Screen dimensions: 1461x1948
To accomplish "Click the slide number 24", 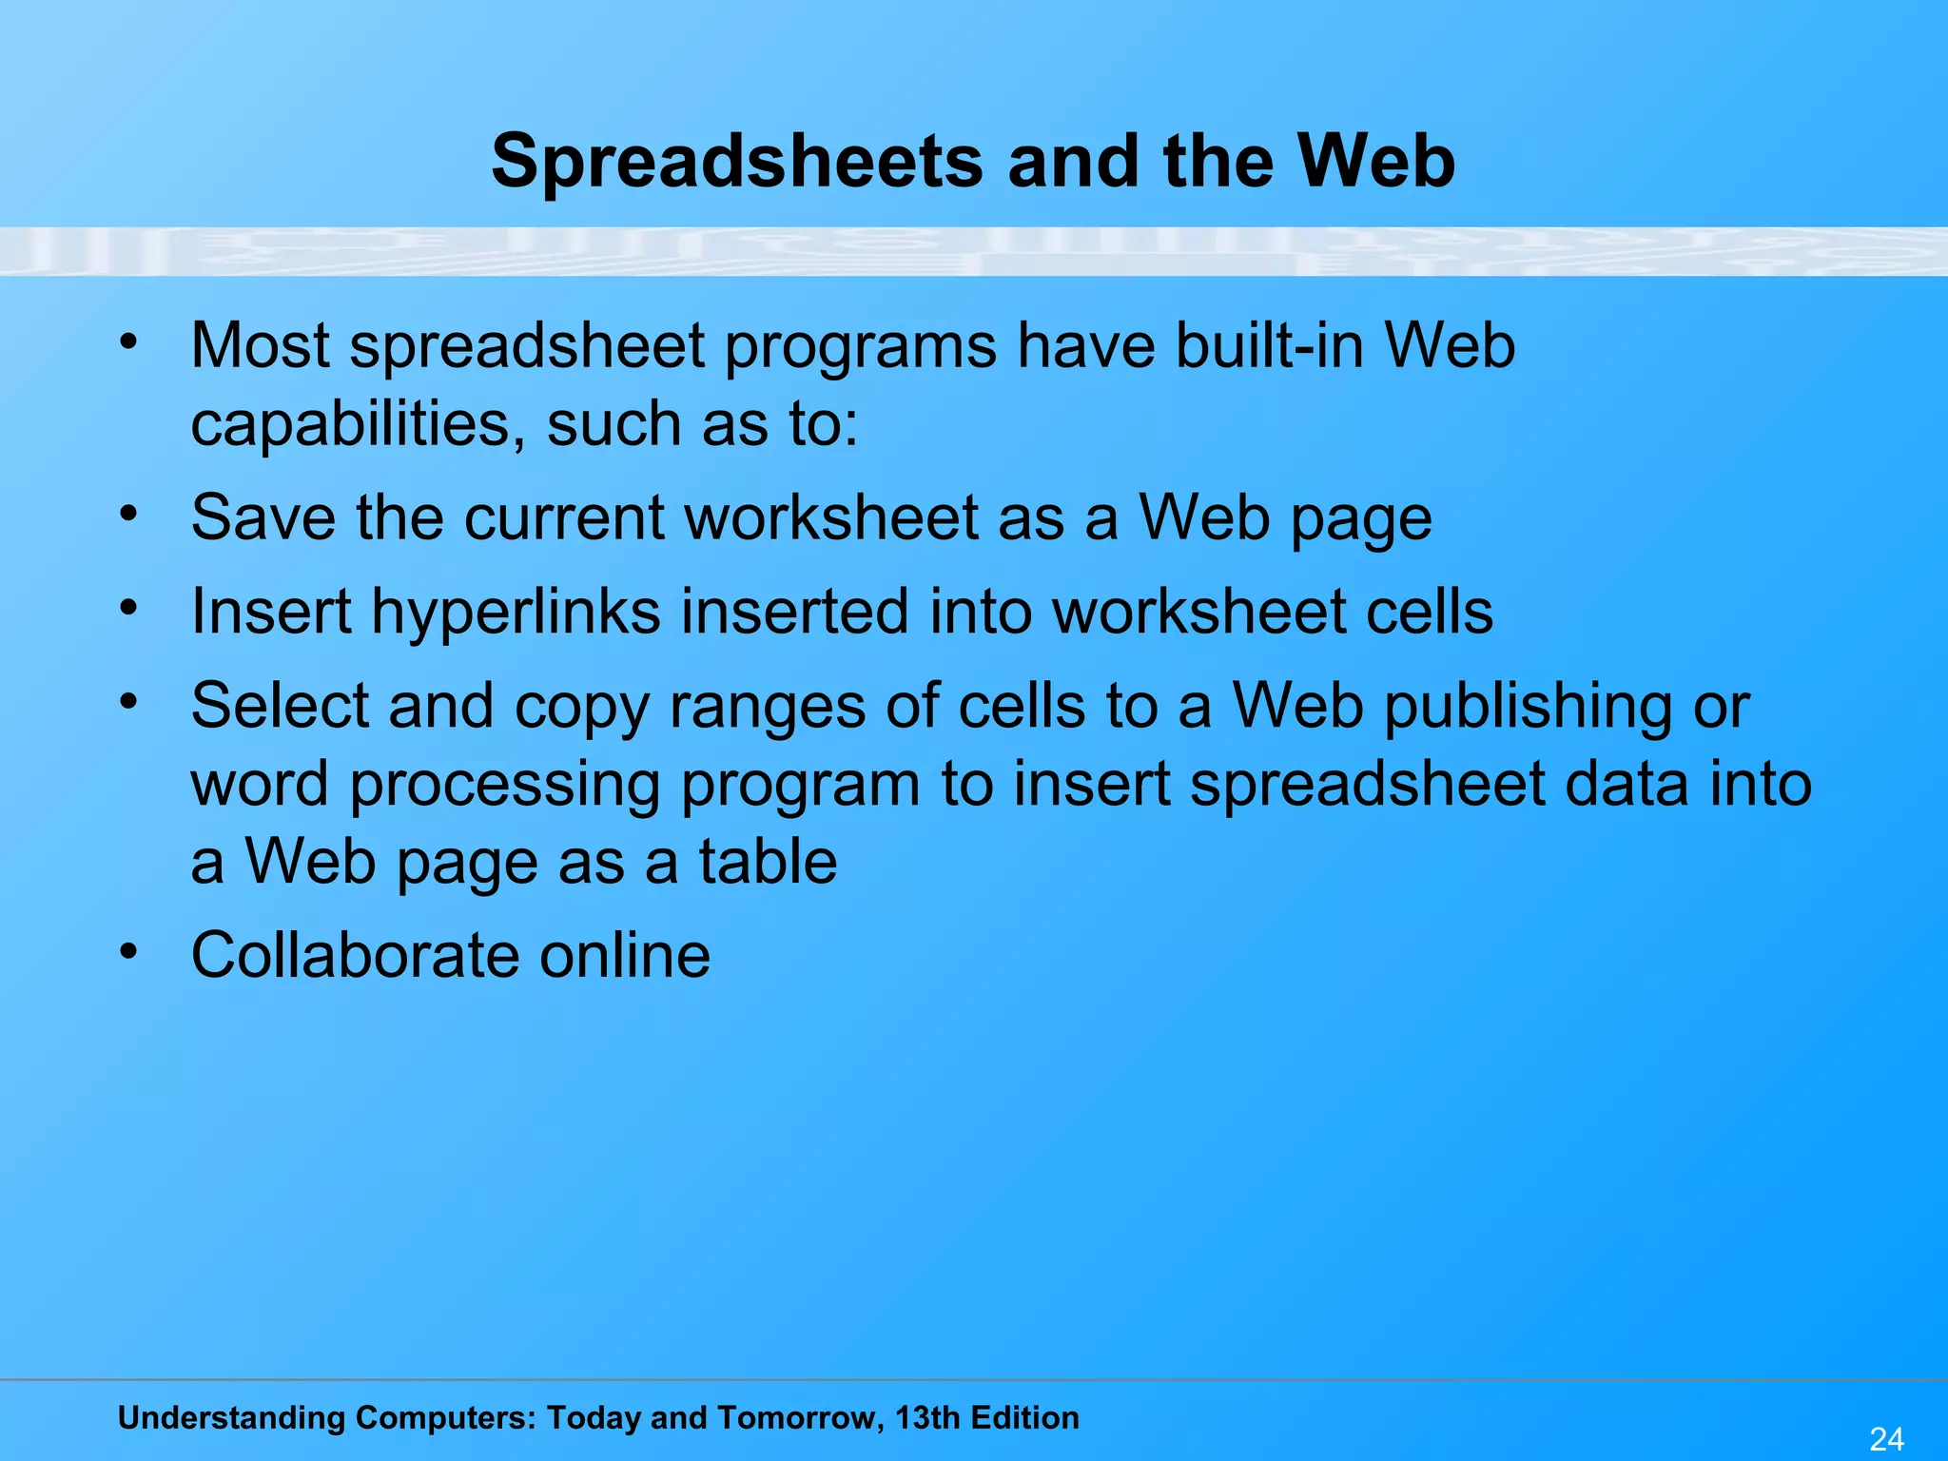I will point(1886,1439).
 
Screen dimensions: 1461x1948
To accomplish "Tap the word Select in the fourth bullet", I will point(279,706).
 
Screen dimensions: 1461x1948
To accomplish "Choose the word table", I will point(768,862).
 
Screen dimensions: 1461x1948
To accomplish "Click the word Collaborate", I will point(356,955).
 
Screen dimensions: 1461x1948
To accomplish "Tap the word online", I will point(625,955).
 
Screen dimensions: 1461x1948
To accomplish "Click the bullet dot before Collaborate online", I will point(129,950).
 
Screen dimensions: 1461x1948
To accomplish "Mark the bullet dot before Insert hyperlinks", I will point(129,606).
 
